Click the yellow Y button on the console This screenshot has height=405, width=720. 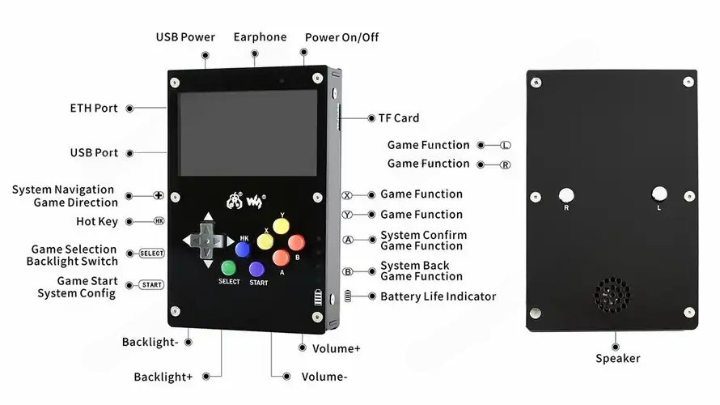coord(281,226)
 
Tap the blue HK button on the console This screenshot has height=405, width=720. coord(243,249)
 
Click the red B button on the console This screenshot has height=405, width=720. coord(296,242)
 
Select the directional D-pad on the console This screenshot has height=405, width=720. coord(208,241)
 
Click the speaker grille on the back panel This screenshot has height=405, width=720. coord(612,294)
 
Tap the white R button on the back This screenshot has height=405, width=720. coord(566,195)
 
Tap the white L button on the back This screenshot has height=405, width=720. coord(659,194)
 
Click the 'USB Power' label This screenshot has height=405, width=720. coord(185,37)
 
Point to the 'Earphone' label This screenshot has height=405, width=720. coord(260,37)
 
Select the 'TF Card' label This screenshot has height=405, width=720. coord(399,118)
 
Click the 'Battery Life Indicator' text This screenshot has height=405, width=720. coord(438,296)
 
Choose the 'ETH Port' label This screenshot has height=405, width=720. coord(94,108)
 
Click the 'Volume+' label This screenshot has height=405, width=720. coord(336,348)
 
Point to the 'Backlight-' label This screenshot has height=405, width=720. coord(150,342)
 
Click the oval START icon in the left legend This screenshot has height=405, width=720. coord(151,285)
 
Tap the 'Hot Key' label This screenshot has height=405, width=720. coord(97,222)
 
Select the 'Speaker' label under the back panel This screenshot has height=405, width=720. coord(617,359)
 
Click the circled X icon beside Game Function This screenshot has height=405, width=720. coord(347,195)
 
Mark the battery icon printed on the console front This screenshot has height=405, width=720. coord(318,297)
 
